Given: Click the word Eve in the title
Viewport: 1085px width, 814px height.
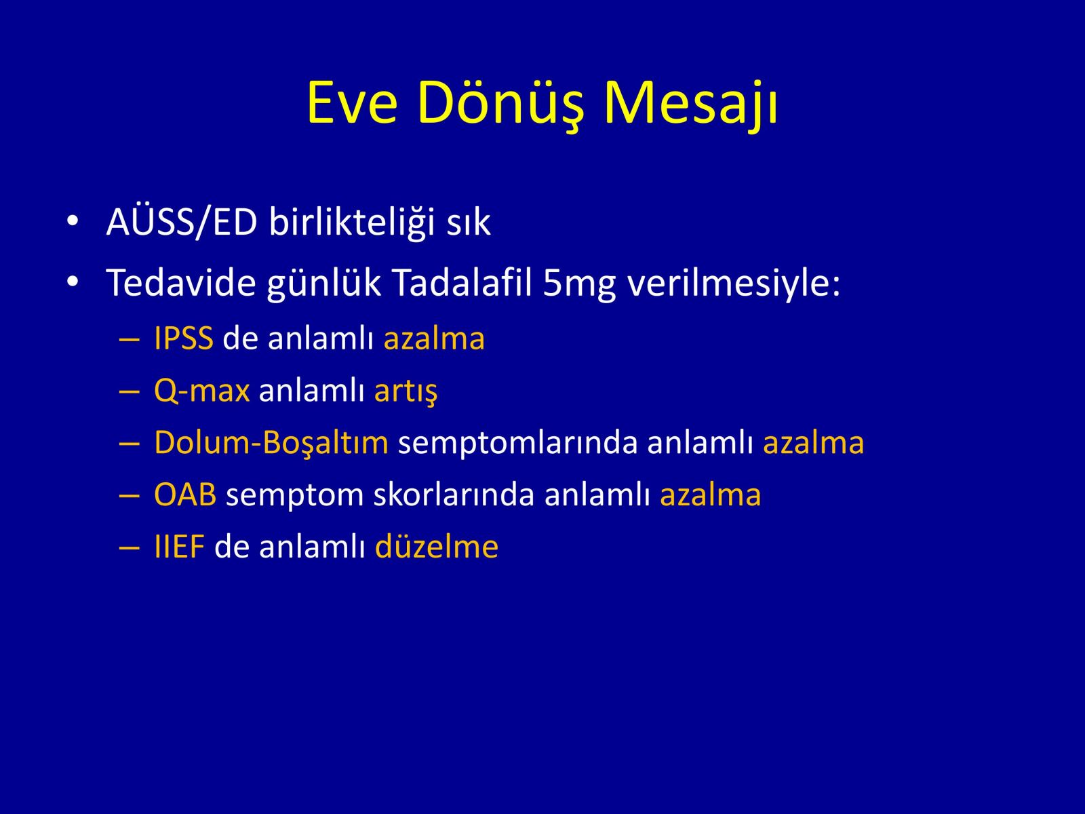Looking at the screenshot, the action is (353, 103).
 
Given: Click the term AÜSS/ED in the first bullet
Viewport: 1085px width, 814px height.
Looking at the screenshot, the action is (182, 221).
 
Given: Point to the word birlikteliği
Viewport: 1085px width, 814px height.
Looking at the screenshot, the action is (352, 222).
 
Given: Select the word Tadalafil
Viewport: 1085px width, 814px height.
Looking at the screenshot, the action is (462, 283).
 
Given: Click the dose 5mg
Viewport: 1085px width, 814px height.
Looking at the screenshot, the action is (579, 286).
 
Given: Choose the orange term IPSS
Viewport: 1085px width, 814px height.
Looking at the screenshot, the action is (184, 338).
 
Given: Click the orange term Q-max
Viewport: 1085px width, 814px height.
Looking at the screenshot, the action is (202, 391).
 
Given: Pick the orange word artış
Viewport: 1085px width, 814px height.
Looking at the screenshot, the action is (406, 391).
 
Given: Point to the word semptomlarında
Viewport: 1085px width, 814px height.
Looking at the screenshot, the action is (518, 444).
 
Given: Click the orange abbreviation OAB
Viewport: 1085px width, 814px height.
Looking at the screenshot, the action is (185, 495).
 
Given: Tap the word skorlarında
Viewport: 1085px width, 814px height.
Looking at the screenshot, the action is (454, 495).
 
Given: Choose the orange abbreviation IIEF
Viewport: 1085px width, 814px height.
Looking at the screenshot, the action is (180, 547).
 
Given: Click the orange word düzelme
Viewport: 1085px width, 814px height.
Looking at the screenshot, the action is (437, 546).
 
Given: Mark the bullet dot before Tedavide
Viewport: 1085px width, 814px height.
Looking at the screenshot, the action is (73, 282).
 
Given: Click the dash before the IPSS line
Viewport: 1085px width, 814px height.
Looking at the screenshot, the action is (129, 341).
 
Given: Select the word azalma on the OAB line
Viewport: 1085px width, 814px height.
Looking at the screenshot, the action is (710, 495).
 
